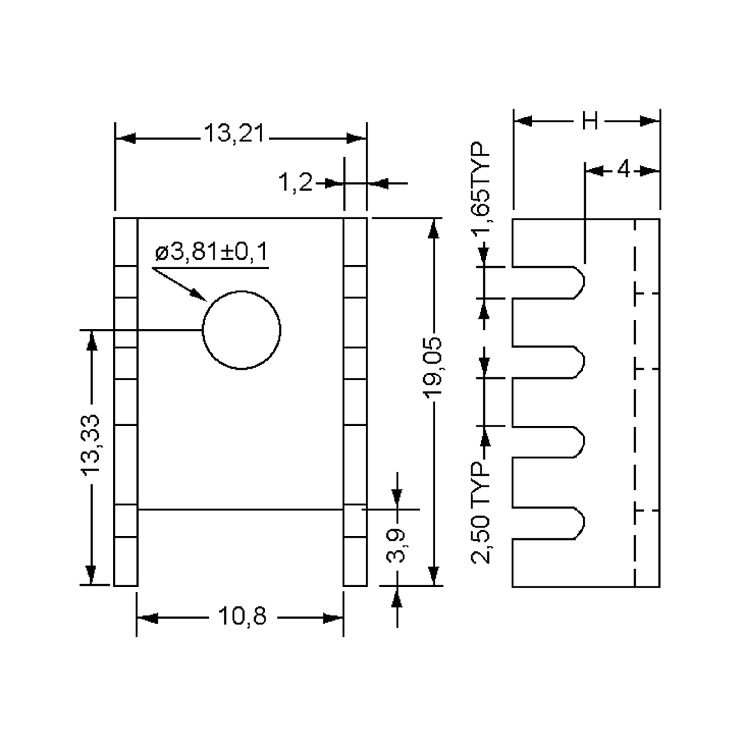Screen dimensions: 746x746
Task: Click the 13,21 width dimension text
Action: pyautogui.click(x=234, y=134)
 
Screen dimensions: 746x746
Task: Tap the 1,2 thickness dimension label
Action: pyautogui.click(x=295, y=183)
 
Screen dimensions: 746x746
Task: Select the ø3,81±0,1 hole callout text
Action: pyautogui.click(x=211, y=252)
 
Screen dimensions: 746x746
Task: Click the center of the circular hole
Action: pyautogui.click(x=241, y=330)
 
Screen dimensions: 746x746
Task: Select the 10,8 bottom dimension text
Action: pyautogui.click(x=242, y=616)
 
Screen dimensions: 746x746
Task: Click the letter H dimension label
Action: pyautogui.click(x=590, y=121)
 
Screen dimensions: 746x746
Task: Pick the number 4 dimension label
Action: pyautogui.click(x=623, y=170)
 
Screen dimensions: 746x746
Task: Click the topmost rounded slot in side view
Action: pyautogui.click(x=548, y=282)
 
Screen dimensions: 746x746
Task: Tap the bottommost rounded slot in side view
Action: pyautogui.click(x=548, y=523)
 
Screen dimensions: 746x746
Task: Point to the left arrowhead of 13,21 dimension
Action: pyautogui.click(x=126, y=138)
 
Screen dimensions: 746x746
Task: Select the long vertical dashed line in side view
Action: pyautogui.click(x=635, y=402)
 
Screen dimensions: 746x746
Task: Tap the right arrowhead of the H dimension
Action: pyautogui.click(x=649, y=121)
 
